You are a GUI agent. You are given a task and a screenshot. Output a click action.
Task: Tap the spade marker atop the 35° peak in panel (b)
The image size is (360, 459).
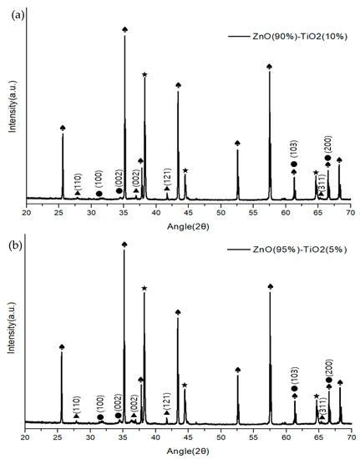click(125, 245)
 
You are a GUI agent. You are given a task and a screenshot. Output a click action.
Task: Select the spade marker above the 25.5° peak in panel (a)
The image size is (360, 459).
click(63, 128)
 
